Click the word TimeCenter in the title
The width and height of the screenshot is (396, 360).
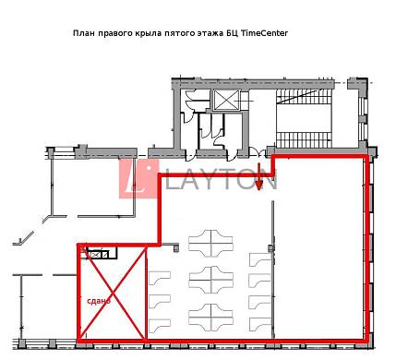pos(265,33)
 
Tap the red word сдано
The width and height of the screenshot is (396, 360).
pos(99,301)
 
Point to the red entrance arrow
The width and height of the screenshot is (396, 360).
pos(259,176)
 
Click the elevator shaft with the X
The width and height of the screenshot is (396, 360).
pos(226,100)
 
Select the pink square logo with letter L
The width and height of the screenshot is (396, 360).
pos(139,179)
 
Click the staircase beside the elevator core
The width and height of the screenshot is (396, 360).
pos(305,118)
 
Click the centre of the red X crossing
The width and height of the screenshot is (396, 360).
pos(111,293)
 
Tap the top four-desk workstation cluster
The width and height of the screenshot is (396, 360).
pos(210,242)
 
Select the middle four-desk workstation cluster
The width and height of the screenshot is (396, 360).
pos(210,280)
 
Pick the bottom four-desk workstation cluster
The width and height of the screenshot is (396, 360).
pos(210,318)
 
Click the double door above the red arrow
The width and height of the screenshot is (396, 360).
pos(257,152)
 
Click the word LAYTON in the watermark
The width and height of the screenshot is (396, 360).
pos(222,179)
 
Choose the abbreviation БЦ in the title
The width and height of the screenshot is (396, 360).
pos(232,33)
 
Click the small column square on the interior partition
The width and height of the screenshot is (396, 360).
pos(270,248)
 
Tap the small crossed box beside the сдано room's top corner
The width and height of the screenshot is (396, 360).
pos(95,255)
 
